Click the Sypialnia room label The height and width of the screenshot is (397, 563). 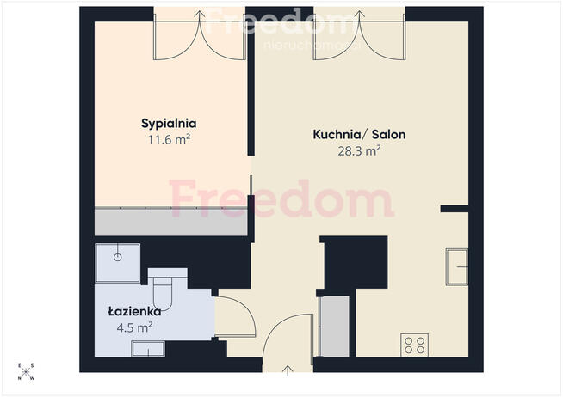click(x=169, y=124)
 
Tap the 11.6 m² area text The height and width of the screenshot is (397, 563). click(x=169, y=139)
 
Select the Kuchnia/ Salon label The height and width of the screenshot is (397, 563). click(x=360, y=134)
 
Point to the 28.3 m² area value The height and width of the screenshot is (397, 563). click(x=359, y=151)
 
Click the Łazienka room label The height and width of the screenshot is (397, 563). click(x=134, y=311)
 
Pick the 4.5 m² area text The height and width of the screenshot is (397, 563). click(x=134, y=327)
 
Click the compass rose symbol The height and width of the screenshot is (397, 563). click(x=26, y=372)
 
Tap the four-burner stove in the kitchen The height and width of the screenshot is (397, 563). click(x=415, y=345)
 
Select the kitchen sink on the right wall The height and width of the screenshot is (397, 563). click(x=457, y=267)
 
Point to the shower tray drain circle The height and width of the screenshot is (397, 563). click(x=118, y=257)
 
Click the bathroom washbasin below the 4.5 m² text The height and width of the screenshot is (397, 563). click(x=148, y=349)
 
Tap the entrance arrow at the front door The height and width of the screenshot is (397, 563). click(x=288, y=370)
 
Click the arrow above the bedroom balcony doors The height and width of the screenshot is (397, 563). click(x=200, y=15)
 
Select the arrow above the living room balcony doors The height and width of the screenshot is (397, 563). click(x=360, y=15)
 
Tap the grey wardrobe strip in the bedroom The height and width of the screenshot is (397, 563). click(x=171, y=221)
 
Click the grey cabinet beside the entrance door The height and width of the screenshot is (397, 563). click(x=335, y=326)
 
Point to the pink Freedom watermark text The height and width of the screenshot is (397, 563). click(x=281, y=198)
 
